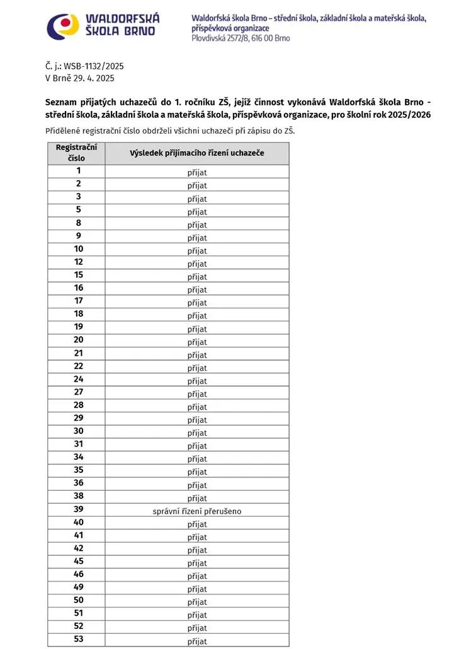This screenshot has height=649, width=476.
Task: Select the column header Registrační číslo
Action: pyautogui.click(x=76, y=153)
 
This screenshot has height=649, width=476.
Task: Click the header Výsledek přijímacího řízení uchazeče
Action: pyautogui.click(x=197, y=153)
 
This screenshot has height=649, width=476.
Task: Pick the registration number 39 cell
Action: pyautogui.click(x=79, y=509)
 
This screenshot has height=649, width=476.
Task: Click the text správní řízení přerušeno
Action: pyautogui.click(x=197, y=511)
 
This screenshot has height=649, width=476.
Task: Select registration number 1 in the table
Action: pyautogui.click(x=79, y=170)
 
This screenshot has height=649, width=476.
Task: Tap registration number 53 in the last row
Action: pyautogui.click(x=79, y=639)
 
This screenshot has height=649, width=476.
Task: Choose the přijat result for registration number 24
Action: pyautogui.click(x=197, y=381)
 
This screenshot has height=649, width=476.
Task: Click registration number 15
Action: pyautogui.click(x=79, y=274)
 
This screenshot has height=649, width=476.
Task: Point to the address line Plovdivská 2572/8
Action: pyautogui.click(x=241, y=38)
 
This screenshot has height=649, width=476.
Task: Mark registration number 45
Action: pyautogui.click(x=79, y=561)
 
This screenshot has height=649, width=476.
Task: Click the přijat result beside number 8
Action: pyautogui.click(x=197, y=225)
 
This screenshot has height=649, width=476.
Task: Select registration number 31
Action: pyautogui.click(x=79, y=443)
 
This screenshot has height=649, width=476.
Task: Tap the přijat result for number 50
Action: pyautogui.click(x=197, y=602)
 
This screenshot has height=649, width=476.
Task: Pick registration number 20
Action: pyautogui.click(x=79, y=339)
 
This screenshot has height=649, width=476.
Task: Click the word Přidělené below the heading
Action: pyautogui.click(x=65, y=131)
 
